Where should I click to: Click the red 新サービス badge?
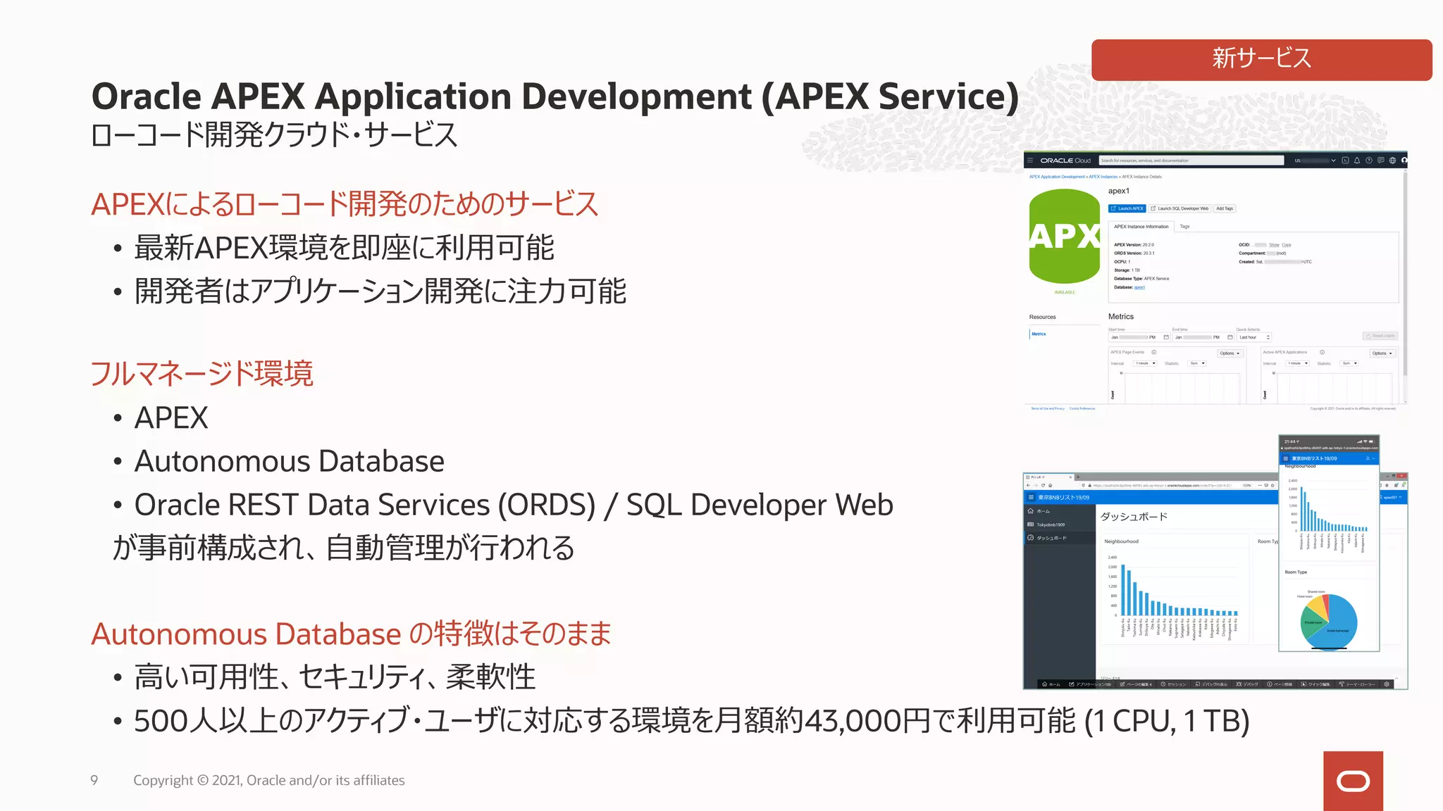click(1261, 59)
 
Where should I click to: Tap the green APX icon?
click(1064, 237)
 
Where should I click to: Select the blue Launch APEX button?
click(1127, 208)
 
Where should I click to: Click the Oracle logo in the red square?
click(1353, 781)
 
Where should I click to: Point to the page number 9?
click(94, 780)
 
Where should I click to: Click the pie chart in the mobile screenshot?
click(1329, 621)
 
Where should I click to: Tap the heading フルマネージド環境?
click(202, 373)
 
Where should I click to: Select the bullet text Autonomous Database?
click(289, 462)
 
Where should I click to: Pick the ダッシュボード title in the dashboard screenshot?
click(1134, 517)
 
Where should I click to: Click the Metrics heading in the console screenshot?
click(1120, 317)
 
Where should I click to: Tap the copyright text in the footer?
click(268, 780)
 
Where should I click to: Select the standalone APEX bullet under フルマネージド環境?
click(171, 418)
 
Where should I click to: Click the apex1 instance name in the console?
click(1118, 191)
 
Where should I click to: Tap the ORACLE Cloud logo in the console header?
click(1065, 161)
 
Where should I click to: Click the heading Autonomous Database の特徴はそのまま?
click(351, 634)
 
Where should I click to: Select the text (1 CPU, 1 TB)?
click(1166, 721)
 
